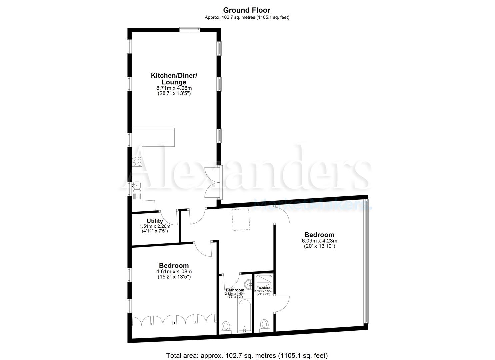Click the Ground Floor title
pyautogui.click(x=247, y=10)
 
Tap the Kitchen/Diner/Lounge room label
pyautogui.click(x=174, y=79)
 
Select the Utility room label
pyautogui.click(x=155, y=221)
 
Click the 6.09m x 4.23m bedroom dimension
pyautogui.click(x=319, y=241)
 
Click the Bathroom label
pyautogui.click(x=235, y=290)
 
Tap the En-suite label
pyautogui.click(x=263, y=288)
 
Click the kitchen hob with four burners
pyautogui.click(x=137, y=161)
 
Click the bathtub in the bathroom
pyautogui.click(x=245, y=315)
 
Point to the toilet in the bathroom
pyautogui.click(x=226, y=327)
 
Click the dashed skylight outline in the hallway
pyautogui.click(x=241, y=219)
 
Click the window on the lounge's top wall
pyautogui.click(x=190, y=29)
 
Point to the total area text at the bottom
pyautogui.click(x=247, y=355)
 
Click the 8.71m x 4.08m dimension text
pyautogui.click(x=174, y=88)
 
